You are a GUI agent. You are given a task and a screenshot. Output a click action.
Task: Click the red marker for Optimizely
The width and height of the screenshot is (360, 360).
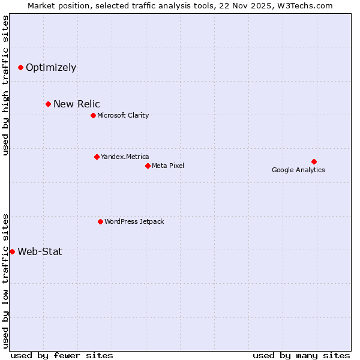[20, 67]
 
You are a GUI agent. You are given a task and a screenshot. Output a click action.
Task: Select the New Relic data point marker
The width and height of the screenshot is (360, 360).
[48, 104]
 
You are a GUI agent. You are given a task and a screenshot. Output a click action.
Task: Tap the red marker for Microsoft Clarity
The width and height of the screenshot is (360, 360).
[93, 115]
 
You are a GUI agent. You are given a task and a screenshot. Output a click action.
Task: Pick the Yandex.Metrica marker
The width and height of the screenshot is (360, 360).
[97, 157]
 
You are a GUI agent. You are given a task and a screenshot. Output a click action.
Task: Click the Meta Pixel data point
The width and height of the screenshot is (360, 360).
[148, 166]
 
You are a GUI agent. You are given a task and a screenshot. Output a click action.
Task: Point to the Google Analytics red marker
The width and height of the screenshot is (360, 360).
[314, 161]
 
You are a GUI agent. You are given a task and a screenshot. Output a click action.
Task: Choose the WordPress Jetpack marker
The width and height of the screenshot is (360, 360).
[100, 221]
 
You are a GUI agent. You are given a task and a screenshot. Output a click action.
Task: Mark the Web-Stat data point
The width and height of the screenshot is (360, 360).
[12, 251]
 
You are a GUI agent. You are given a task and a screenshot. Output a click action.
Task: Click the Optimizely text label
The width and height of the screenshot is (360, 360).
[51, 67]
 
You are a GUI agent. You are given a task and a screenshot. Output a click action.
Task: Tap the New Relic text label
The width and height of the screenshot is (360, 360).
[77, 104]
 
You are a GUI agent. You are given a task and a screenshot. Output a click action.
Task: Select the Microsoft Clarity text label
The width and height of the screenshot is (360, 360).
[123, 115]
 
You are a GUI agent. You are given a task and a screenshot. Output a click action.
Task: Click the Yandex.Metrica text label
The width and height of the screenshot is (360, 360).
[125, 157]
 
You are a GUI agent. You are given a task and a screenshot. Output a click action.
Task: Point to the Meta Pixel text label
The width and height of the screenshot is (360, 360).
[168, 166]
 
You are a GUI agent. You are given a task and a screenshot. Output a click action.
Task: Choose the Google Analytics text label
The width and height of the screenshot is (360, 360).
[298, 170]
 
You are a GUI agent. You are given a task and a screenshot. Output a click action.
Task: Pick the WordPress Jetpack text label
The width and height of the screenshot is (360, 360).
[134, 221]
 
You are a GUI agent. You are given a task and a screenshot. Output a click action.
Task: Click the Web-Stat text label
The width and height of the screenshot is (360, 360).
[40, 251]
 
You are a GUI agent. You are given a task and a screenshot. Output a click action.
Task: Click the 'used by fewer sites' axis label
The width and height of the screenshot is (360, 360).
[62, 355]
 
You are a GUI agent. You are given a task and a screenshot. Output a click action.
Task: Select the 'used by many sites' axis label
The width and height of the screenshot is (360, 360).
[301, 355]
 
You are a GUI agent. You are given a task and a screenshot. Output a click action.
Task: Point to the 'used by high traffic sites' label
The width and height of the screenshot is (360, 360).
[6, 85]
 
